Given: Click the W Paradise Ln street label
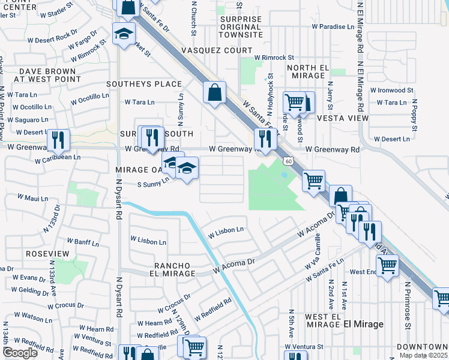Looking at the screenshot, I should (x=333, y=27).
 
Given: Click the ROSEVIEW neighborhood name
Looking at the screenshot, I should (x=48, y=254).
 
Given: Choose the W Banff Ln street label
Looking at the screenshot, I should (x=82, y=241).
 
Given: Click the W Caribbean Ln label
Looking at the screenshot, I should (x=58, y=158).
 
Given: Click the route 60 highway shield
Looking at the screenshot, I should (x=289, y=161).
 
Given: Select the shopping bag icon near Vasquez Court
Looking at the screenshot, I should (x=214, y=93).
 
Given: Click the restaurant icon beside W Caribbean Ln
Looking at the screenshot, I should (x=58, y=140).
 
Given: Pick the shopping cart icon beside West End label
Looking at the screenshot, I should (x=388, y=263).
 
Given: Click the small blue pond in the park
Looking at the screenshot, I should (x=283, y=175).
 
